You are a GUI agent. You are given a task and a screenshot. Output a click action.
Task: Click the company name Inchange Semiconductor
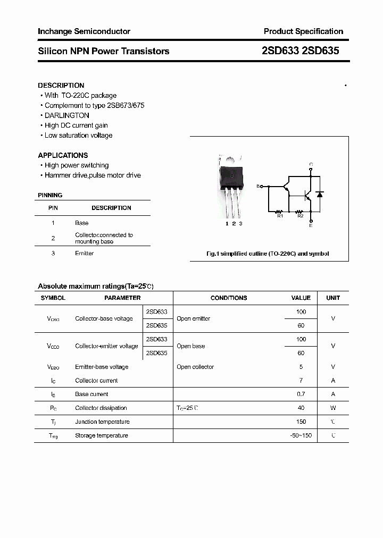pos(84,31)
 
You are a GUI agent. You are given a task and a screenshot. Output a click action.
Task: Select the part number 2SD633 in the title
pos(280,51)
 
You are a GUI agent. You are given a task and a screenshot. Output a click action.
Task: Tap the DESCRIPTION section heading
pos(61,85)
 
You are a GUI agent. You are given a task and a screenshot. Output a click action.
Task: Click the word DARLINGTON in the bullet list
pos(66,115)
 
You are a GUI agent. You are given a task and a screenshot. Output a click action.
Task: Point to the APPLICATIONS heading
pos(63,155)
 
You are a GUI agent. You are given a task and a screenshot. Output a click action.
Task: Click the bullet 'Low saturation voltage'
pos(78,136)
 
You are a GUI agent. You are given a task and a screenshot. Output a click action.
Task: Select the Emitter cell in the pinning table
pos(84,253)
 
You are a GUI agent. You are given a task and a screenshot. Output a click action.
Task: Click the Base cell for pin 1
pos(81,223)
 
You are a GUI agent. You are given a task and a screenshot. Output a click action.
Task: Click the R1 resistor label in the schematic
pos(280,216)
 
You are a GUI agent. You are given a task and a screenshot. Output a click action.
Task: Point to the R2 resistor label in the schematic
pos(300,216)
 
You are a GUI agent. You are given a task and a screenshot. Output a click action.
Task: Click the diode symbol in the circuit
pos(319,195)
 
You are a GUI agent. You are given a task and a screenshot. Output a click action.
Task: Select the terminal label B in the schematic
pos(259,187)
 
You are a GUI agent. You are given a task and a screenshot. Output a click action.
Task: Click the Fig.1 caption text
pos(267,254)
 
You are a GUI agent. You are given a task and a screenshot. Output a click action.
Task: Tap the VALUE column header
pos(301,298)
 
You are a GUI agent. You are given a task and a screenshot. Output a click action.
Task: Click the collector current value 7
pos(301,381)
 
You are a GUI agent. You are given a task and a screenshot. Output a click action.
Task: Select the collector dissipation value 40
pos(301,408)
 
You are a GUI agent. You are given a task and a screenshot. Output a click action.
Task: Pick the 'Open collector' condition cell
pos(195,367)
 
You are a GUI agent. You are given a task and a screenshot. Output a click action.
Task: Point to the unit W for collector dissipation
pos(333,408)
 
